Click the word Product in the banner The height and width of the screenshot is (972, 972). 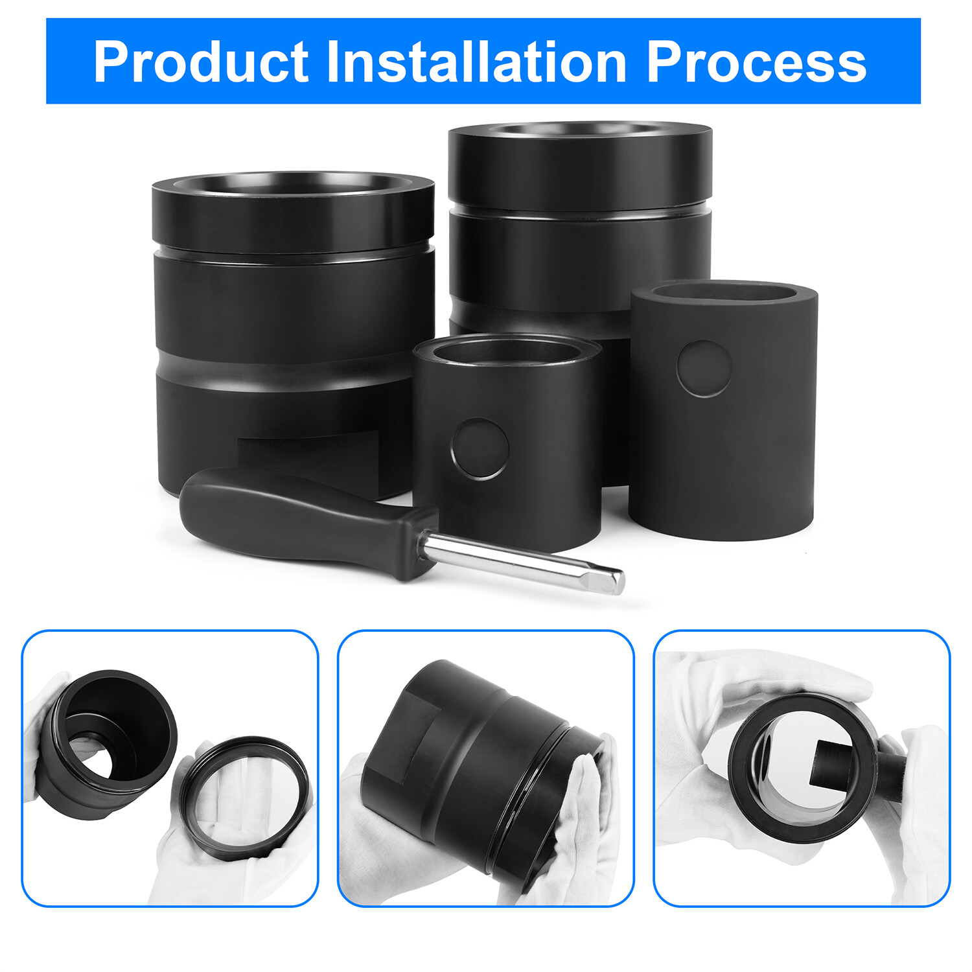201,62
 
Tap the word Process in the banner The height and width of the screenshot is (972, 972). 756,62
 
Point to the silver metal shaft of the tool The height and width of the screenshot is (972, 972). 522,562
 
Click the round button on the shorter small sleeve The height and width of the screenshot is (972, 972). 480,448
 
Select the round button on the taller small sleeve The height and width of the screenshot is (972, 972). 704,368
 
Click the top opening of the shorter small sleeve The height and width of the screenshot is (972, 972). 507,352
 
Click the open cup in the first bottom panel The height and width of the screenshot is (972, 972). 110,745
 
